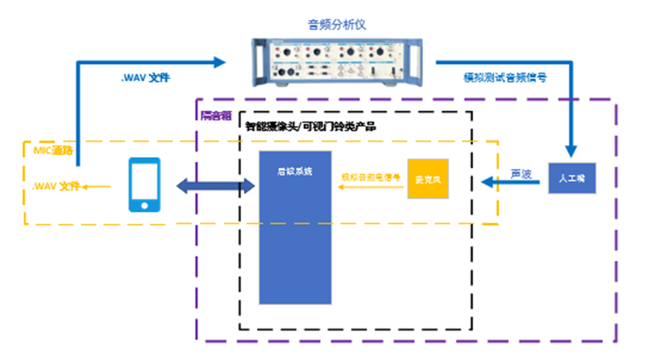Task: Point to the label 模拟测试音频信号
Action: (505, 77)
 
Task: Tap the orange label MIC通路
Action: (53, 149)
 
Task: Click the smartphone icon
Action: (144, 185)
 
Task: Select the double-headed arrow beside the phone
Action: (215, 185)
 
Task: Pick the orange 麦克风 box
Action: (429, 180)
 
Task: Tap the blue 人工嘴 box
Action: (571, 178)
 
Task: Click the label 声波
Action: (520, 174)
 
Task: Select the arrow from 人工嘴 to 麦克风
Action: (511, 183)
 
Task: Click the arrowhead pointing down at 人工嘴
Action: (571, 153)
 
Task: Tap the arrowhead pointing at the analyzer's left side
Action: (223, 60)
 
